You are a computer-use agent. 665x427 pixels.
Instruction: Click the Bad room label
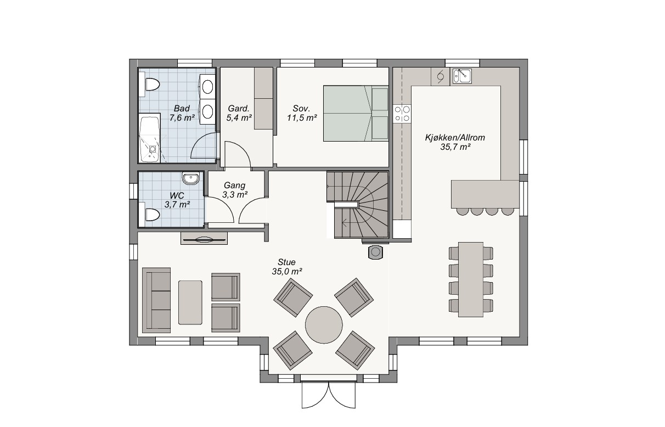182,108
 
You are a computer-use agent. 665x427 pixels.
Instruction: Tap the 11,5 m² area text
302,118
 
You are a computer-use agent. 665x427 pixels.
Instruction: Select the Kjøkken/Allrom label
455,138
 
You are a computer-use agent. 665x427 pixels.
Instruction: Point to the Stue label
286,262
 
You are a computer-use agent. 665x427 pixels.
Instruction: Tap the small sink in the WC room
190,179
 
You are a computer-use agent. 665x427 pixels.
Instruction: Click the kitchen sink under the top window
462,76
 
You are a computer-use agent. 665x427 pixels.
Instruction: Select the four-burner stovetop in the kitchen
402,114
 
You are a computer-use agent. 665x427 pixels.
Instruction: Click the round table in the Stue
324,325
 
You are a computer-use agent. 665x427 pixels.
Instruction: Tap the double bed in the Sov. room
356,114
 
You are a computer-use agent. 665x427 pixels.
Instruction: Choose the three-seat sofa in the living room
156,300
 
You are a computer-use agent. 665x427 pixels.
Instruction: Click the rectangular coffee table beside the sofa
190,302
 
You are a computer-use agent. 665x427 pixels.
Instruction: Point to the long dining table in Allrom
471,279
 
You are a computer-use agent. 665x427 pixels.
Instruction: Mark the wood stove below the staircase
375,252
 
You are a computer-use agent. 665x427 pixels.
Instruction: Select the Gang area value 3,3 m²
235,194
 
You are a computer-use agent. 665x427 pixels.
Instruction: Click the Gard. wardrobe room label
239,108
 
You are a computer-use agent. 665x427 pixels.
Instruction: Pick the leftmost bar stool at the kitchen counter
462,211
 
